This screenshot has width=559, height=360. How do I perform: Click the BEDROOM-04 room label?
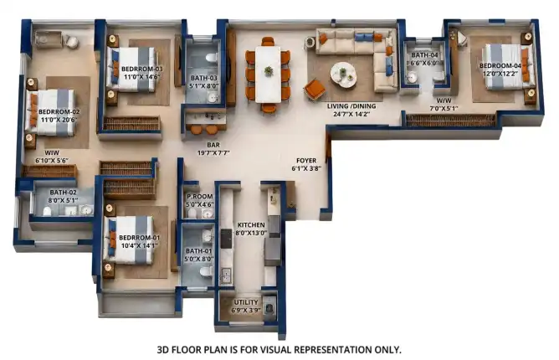[500, 65]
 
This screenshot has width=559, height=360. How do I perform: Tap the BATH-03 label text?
[203, 78]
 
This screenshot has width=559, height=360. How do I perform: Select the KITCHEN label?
[251, 224]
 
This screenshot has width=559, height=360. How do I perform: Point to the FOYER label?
[306, 161]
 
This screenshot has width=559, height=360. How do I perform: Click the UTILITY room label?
[246, 302]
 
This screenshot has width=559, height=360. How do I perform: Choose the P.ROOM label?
[200, 196]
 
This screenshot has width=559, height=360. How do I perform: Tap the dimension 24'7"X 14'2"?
[351, 114]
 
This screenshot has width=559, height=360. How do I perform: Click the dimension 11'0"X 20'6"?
[59, 120]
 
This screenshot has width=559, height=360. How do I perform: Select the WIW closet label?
[52, 152]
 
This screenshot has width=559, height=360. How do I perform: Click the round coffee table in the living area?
[343, 75]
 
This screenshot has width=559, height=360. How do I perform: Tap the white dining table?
[269, 75]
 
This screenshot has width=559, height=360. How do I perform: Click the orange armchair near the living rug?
[315, 89]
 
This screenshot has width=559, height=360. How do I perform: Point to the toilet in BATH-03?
[212, 58]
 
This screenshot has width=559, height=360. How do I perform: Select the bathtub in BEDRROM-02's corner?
[49, 39]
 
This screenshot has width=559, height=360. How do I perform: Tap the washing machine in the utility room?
[269, 308]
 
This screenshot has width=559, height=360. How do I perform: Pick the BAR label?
[213, 145]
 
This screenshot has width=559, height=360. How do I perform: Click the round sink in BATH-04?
[413, 77]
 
